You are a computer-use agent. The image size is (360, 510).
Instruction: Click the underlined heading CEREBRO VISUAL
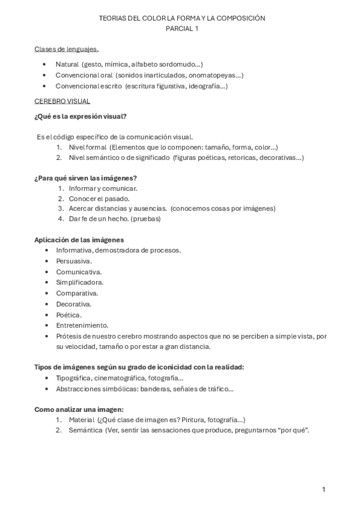(x=63, y=101)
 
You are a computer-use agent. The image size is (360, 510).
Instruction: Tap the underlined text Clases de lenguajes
(x=67, y=49)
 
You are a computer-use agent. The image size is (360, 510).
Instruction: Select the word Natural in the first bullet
(x=67, y=64)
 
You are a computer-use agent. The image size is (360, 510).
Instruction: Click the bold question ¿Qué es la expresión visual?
(x=80, y=116)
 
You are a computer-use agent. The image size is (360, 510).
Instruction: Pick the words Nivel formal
(x=88, y=147)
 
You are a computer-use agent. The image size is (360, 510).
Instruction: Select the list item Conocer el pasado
(x=99, y=198)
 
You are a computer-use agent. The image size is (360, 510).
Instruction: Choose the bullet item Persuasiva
(x=73, y=261)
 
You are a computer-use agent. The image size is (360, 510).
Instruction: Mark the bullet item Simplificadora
(x=79, y=282)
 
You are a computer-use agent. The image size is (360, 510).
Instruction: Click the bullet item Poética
(x=68, y=315)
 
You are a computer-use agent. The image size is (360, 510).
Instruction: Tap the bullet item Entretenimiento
(x=82, y=325)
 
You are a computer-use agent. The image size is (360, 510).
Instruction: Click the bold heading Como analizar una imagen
(x=79, y=410)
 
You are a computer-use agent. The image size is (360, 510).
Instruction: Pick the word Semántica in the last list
(x=85, y=431)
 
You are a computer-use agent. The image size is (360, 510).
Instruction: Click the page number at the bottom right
(x=323, y=490)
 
